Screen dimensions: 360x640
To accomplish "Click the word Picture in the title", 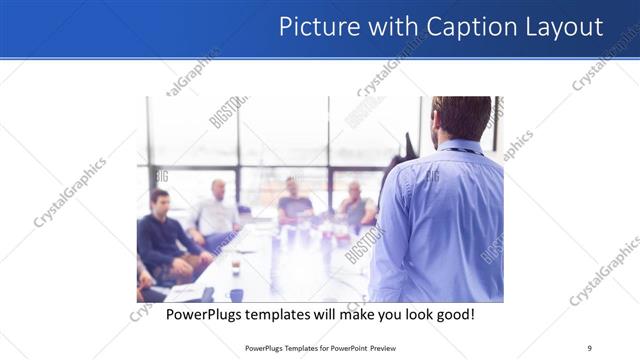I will (312, 26).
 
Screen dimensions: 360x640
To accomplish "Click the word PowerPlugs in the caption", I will (203, 314).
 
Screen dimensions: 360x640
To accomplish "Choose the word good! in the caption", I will (453, 314).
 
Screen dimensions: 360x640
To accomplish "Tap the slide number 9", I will (589, 347).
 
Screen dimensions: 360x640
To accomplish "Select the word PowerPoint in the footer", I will (342, 347).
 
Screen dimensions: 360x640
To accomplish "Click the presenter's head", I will (462, 118).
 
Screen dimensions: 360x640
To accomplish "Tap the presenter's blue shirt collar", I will (459, 148).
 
